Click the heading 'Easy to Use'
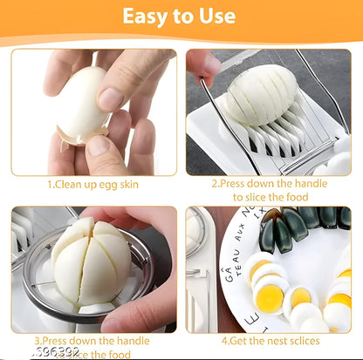pos(178,16)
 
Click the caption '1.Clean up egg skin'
pos(92,185)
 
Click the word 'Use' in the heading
pos(215,16)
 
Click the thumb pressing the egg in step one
pos(114,96)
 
